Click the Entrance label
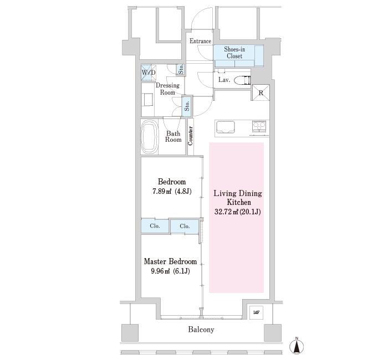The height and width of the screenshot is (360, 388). (200, 41)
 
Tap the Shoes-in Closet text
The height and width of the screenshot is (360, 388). (234, 53)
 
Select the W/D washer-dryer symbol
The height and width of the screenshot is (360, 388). (149, 73)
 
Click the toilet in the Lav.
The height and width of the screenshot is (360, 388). (243, 80)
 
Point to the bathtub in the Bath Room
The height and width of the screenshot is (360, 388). (149, 137)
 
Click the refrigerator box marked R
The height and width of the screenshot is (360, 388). (261, 92)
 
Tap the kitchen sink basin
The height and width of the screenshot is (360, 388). (226, 127)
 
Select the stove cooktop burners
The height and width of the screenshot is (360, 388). (259, 126)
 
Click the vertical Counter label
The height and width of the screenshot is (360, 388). (190, 136)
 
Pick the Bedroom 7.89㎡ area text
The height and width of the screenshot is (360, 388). (172, 192)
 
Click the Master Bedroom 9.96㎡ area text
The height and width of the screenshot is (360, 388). (171, 271)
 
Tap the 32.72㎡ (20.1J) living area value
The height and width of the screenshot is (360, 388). (238, 212)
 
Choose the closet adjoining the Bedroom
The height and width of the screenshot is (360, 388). (155, 226)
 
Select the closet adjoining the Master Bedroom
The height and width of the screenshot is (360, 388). (185, 226)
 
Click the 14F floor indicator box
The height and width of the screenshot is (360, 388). (256, 312)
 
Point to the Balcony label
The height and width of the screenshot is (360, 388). (201, 330)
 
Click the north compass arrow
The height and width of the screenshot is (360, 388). (297, 346)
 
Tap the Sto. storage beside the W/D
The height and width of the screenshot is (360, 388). (181, 69)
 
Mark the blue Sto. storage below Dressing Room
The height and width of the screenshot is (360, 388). (187, 106)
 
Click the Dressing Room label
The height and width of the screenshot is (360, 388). (167, 89)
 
